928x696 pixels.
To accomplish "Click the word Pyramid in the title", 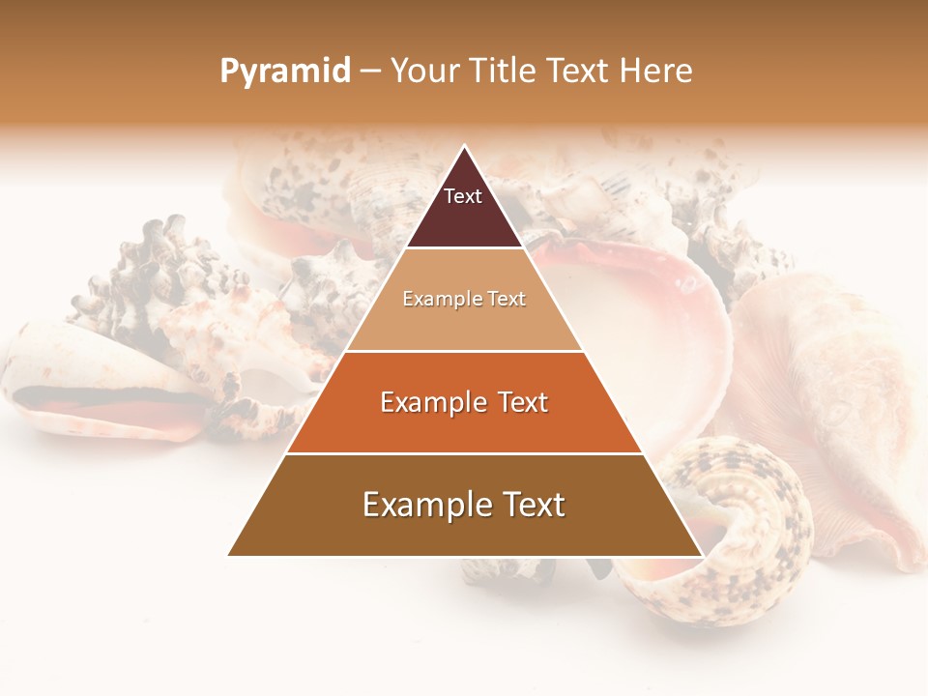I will point(285,72).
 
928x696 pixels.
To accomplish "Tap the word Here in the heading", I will point(655,71).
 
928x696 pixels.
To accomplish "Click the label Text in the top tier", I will point(463,196).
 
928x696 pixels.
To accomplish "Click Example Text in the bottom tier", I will point(464,505).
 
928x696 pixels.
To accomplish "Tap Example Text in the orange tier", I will point(464,402).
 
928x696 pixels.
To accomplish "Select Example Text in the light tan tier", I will point(464,300).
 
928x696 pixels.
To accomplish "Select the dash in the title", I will point(370,72).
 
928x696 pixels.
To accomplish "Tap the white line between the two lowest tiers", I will point(464,453).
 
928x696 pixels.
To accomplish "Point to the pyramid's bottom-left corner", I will point(229,555).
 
